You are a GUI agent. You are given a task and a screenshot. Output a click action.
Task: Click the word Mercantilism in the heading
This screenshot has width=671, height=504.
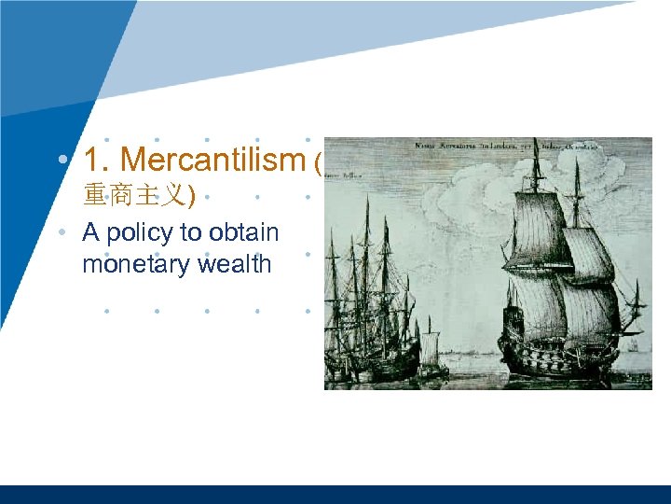[x=212, y=161]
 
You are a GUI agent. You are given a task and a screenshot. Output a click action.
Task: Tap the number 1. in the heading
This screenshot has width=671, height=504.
[x=98, y=161]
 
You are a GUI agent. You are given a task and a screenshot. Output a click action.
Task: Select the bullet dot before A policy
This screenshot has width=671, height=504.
[x=62, y=231]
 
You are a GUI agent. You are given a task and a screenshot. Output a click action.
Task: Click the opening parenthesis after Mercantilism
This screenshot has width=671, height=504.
[x=318, y=164]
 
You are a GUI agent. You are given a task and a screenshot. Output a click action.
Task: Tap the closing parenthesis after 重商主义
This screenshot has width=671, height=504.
[x=190, y=196]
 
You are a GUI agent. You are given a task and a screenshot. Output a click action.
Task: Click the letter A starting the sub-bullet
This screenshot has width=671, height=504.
[x=90, y=231]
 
